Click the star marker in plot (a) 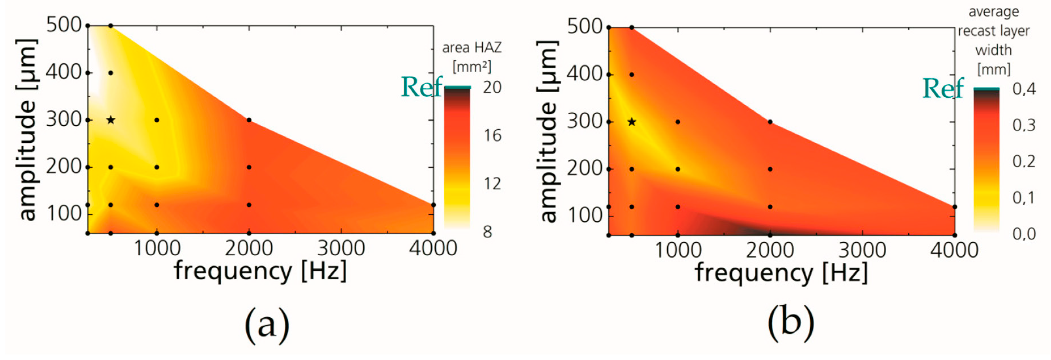[111, 120]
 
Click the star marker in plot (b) [632, 122]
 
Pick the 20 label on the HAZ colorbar [492, 87]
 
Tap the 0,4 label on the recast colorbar [1024, 89]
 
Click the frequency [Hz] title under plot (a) [260, 271]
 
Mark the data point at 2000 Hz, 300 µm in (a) [249, 120]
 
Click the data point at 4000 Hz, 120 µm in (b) [954, 207]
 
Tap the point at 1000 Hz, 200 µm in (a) [157, 167]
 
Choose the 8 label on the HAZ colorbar [487, 232]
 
